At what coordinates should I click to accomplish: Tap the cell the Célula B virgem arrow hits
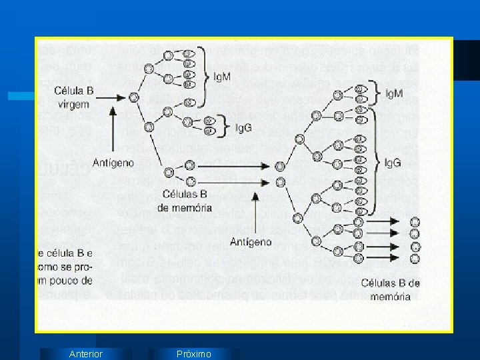pyautogui.click(x=133, y=97)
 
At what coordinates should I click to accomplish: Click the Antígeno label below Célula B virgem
pyautogui.click(x=113, y=163)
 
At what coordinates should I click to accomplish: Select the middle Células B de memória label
pyautogui.click(x=184, y=201)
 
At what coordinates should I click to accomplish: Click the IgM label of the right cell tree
pyautogui.click(x=394, y=93)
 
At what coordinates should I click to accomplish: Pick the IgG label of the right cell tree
pyautogui.click(x=394, y=161)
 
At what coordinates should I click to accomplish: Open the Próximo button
pyautogui.click(x=193, y=354)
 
